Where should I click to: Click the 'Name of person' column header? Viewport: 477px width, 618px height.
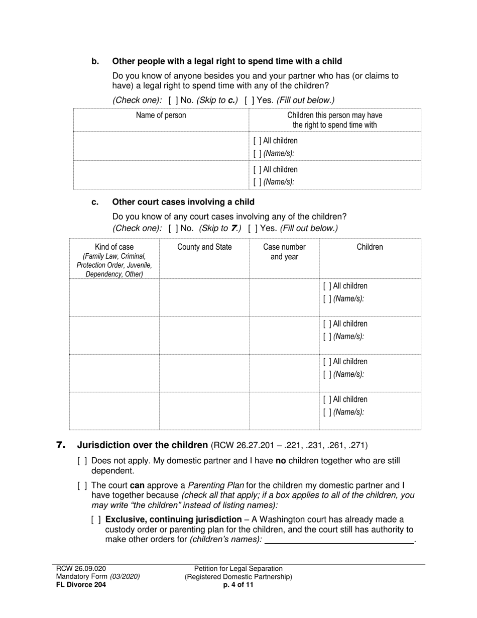tap(161, 116)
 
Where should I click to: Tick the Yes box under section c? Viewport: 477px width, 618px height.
tap(252, 228)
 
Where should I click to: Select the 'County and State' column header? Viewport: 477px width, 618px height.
tap(204, 247)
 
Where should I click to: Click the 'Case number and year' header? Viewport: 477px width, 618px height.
tap(284, 252)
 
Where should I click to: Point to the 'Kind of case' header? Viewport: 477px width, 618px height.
tap(114, 247)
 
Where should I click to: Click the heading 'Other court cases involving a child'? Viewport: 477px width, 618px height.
tap(183, 202)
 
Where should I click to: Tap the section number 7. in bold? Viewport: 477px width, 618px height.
tap(61, 445)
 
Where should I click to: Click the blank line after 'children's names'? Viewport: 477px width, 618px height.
tap(339, 540)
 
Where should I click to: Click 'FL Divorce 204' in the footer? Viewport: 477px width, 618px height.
tap(81, 584)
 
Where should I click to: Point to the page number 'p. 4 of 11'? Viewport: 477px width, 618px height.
tap(238, 584)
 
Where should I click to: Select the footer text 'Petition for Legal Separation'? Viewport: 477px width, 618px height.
tap(238, 568)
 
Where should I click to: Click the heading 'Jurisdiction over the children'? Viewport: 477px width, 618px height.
tap(142, 445)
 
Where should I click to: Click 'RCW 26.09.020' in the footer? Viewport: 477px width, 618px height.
tap(81, 568)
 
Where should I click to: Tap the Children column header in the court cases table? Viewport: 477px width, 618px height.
tap(370, 247)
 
